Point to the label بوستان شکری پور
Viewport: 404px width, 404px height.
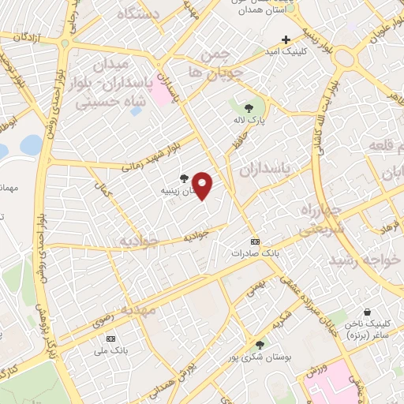tap(260, 357)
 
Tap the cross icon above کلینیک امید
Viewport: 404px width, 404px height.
tap(286, 39)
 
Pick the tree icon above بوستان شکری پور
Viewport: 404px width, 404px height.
tap(260, 344)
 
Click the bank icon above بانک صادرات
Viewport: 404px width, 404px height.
tap(253, 241)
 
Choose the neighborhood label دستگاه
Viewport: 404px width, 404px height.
tap(138, 13)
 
